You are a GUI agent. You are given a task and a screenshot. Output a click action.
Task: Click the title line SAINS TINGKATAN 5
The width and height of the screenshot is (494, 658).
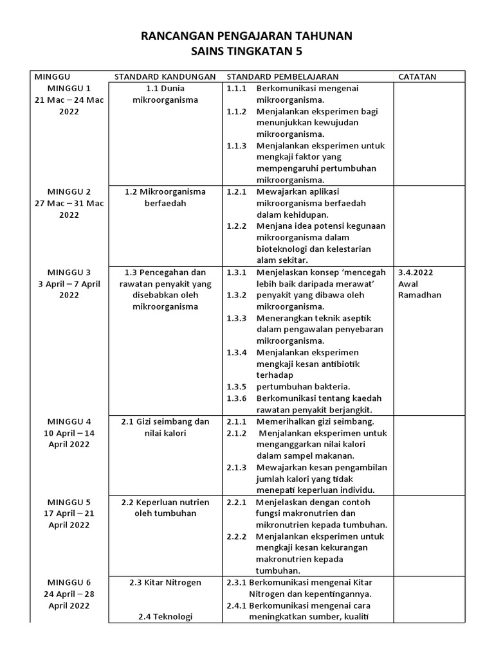pyautogui.click(x=246, y=51)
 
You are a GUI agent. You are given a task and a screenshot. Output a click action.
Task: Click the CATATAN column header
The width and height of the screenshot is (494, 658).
pyautogui.click(x=417, y=76)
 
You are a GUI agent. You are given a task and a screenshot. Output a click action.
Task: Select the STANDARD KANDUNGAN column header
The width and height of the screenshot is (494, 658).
pyautogui.click(x=165, y=76)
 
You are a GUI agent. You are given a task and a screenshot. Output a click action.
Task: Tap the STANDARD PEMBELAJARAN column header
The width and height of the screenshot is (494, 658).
pyautogui.click(x=282, y=76)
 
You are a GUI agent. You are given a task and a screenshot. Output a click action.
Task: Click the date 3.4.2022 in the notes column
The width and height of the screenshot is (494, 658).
pyautogui.click(x=416, y=272)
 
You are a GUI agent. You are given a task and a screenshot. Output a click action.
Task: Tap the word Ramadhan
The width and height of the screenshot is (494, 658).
pyautogui.click(x=420, y=295)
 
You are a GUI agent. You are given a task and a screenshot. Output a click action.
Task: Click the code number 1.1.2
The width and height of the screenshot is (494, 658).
pyautogui.click(x=236, y=111)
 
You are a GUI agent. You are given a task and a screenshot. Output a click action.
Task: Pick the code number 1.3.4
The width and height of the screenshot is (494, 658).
pyautogui.click(x=236, y=352)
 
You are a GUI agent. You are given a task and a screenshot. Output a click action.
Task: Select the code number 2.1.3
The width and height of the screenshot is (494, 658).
pyautogui.click(x=236, y=467)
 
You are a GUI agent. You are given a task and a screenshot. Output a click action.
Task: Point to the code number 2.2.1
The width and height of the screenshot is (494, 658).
pyautogui.click(x=236, y=502)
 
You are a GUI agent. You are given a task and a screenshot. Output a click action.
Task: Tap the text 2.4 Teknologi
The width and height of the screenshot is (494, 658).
pyautogui.click(x=165, y=617)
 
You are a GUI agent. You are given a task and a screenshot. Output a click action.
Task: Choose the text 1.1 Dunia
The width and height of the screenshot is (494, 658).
pyautogui.click(x=165, y=88)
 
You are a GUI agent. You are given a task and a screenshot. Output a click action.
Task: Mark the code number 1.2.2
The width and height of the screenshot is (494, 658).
pyautogui.click(x=236, y=226)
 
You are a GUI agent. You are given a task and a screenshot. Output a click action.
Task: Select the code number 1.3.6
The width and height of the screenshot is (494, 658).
pyautogui.click(x=236, y=398)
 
